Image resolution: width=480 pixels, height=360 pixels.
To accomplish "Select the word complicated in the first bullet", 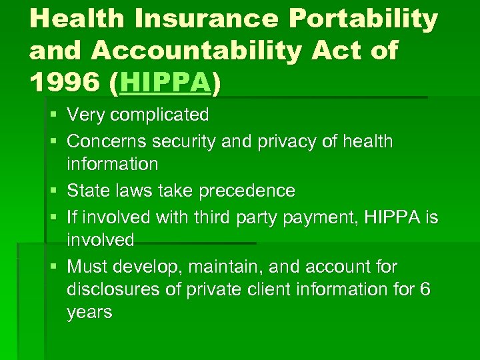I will coord(159,115).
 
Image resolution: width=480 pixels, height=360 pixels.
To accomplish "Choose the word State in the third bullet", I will coord(87,191).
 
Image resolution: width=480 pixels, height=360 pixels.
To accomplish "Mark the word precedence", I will coord(249,191).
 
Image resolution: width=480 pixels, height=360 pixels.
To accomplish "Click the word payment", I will coord(325,217).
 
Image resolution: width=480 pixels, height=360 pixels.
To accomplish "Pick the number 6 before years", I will coord(425,290).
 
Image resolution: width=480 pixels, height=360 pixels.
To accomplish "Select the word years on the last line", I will coord(89,313).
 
